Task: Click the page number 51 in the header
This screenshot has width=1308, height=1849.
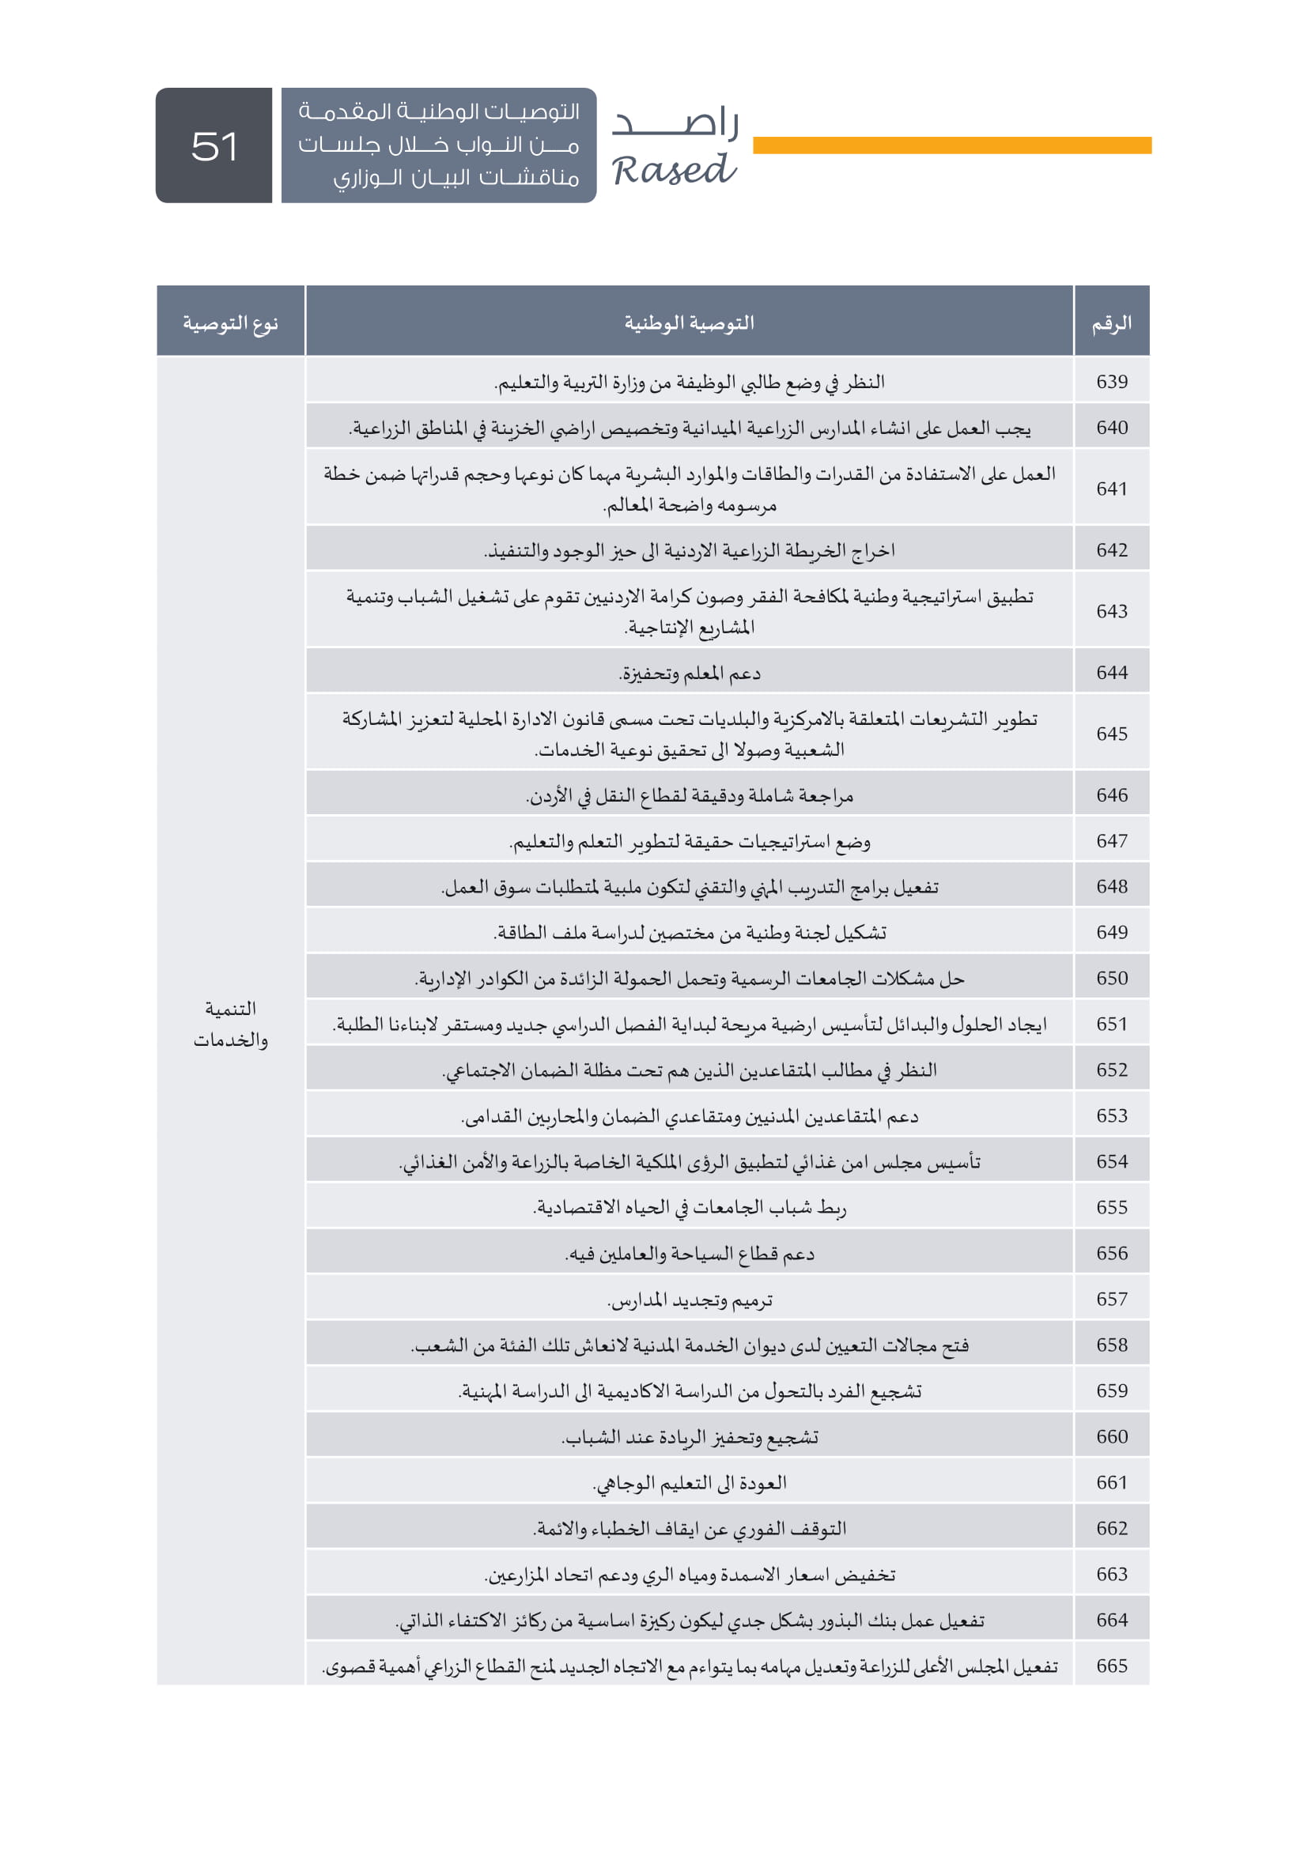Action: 214,146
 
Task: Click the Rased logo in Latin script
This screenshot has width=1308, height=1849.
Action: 673,171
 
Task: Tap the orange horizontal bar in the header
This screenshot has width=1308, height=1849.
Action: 951,145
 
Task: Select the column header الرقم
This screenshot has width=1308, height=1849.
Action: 1111,324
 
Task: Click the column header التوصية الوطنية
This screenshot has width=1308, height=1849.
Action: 690,324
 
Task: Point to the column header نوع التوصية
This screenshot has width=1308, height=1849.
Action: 230,324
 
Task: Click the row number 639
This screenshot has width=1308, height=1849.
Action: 1111,382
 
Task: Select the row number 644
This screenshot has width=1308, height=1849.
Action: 1111,673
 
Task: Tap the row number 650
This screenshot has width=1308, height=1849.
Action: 1111,978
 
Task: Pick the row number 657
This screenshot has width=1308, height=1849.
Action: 1111,1299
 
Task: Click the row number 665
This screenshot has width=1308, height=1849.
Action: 1111,1666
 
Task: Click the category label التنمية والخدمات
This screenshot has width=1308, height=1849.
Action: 230,1024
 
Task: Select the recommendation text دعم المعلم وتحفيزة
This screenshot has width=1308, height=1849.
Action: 690,674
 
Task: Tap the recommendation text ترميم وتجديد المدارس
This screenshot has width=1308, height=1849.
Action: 690,1300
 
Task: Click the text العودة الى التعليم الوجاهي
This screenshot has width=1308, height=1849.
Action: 690,1482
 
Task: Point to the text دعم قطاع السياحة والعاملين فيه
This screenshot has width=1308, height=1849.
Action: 690,1254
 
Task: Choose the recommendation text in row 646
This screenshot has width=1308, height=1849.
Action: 690,796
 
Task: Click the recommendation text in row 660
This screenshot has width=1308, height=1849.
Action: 690,1436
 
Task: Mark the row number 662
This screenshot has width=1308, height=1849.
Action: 1111,1528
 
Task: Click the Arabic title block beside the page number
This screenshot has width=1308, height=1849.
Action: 439,145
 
